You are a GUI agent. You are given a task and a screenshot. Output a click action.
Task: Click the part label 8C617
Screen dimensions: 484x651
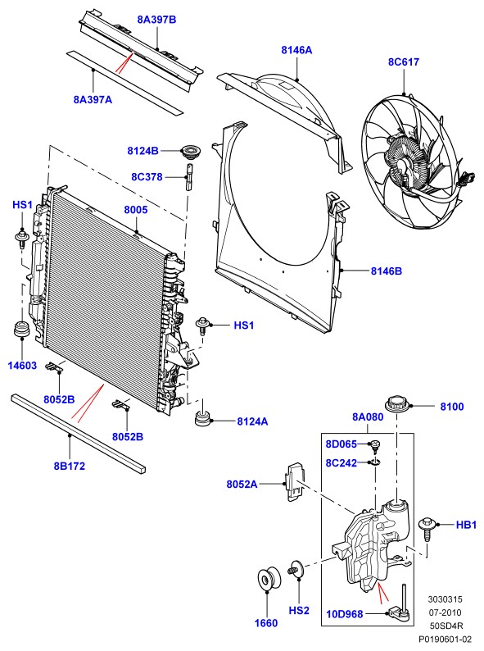(404, 61)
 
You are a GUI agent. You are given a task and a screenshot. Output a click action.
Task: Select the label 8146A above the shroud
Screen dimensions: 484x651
(296, 50)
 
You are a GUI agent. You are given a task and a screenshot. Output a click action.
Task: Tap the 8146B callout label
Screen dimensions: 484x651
(386, 271)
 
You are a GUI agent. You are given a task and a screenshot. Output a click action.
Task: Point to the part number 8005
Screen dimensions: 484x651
(136, 210)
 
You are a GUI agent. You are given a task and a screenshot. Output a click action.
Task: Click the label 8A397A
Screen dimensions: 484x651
(93, 100)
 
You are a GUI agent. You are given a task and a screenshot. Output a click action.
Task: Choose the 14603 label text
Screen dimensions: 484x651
(22, 366)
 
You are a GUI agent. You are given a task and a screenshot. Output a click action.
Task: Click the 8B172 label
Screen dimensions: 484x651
(70, 466)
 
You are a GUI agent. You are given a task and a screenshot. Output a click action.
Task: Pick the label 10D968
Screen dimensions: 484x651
(345, 613)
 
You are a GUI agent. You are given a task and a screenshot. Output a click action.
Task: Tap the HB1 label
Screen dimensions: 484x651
(466, 525)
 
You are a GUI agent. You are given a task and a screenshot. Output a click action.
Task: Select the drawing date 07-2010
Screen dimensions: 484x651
(445, 612)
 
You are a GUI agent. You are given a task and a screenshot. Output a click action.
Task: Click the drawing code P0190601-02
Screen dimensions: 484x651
(445, 639)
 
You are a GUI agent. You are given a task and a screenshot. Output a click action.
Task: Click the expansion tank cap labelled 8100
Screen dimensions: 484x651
(397, 405)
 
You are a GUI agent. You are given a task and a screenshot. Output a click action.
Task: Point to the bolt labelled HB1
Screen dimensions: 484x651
(427, 529)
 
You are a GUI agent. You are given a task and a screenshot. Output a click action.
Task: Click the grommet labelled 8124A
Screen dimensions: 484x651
(203, 418)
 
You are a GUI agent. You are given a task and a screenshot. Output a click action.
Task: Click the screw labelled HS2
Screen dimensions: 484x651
(296, 569)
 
